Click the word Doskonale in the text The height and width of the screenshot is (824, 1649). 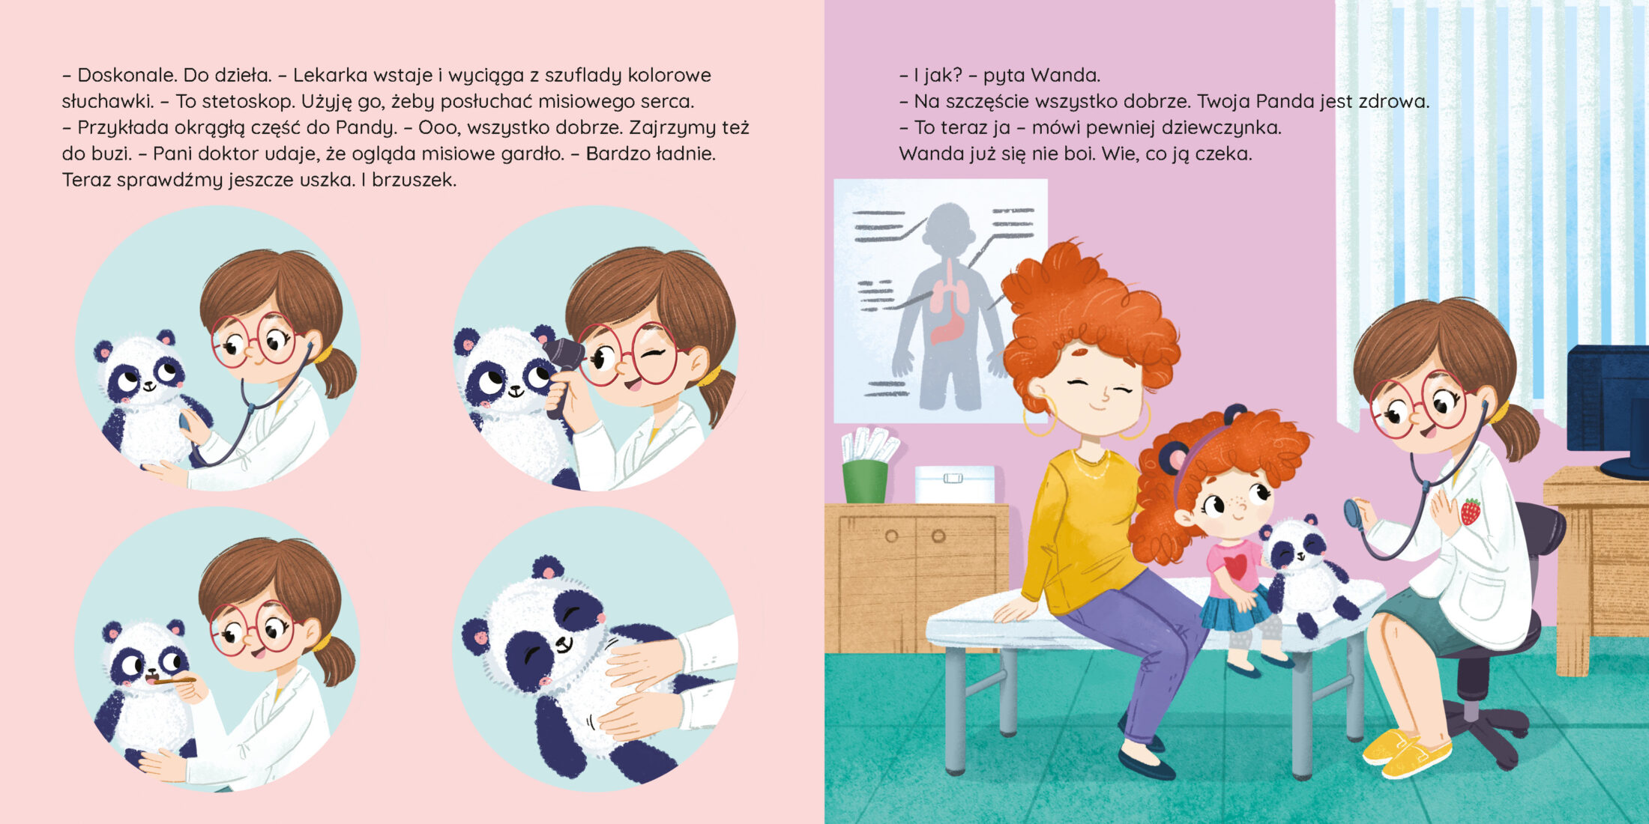pyautogui.click(x=124, y=76)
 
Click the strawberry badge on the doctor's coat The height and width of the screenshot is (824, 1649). pyautogui.click(x=1471, y=512)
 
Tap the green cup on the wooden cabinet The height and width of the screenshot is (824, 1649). pyautogui.click(x=865, y=481)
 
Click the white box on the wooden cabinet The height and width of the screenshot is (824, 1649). pyautogui.click(x=955, y=484)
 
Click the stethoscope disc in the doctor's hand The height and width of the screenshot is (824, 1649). pyautogui.click(x=1353, y=514)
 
